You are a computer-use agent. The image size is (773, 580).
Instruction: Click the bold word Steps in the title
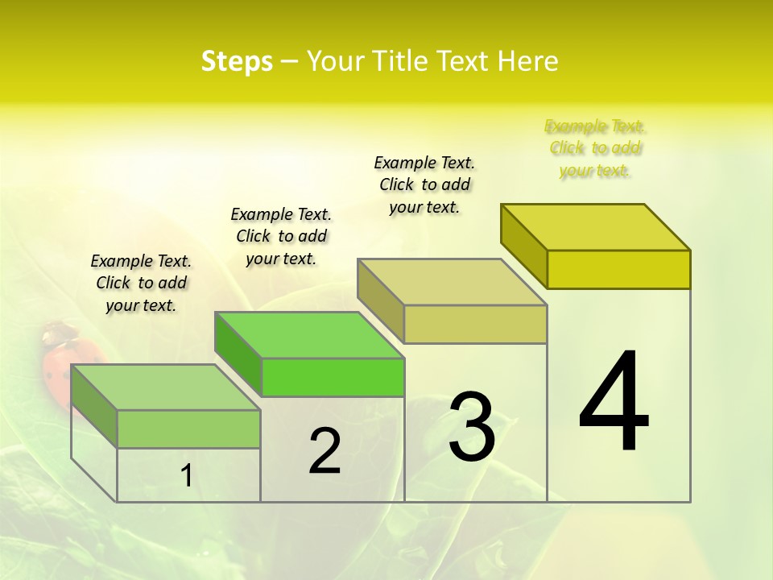[x=237, y=61]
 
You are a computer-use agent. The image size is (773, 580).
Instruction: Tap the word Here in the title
[x=528, y=61]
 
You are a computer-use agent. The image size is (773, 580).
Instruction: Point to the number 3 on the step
[x=471, y=427]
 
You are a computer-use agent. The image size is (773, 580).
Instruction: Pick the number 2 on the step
[x=324, y=451]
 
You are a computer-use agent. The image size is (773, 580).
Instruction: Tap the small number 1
[x=187, y=475]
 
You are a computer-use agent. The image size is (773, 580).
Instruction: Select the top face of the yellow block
[x=596, y=227]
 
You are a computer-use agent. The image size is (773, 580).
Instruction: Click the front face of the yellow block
[x=618, y=269]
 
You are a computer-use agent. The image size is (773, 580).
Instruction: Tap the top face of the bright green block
[x=310, y=335]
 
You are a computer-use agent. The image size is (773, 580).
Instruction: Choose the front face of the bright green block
[x=333, y=377]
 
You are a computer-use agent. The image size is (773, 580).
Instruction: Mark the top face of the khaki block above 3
[x=453, y=282]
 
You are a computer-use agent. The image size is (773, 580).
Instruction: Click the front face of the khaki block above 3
[x=475, y=324]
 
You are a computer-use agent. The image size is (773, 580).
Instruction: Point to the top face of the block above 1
[x=166, y=387]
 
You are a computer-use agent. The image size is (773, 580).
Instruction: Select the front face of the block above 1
[x=188, y=429]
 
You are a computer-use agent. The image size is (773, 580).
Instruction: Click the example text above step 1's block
[x=141, y=283]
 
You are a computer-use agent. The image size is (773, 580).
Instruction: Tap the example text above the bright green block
[x=281, y=236]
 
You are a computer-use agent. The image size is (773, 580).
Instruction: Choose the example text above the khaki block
[x=424, y=184]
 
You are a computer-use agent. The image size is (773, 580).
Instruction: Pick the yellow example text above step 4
[x=594, y=148]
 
